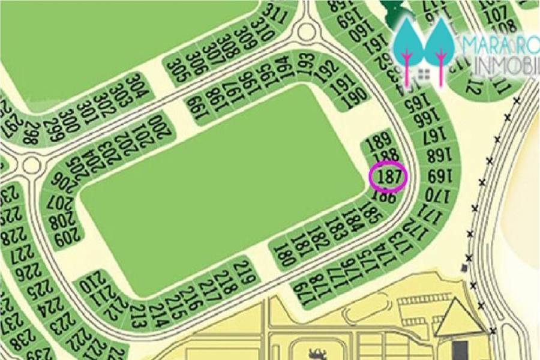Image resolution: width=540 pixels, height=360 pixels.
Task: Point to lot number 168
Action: [x=437, y=157]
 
